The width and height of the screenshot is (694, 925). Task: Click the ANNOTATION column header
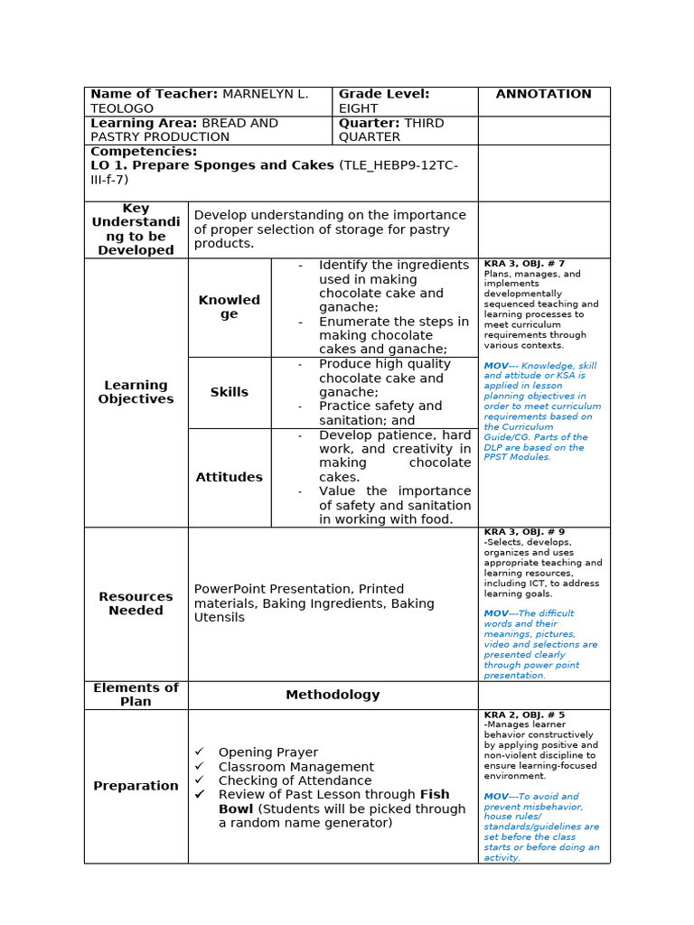pos(543,94)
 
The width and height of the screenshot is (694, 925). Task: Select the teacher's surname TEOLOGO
pos(122,108)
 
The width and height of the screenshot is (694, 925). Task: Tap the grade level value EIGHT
pos(359,108)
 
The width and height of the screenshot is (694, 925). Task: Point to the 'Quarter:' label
pos(369,123)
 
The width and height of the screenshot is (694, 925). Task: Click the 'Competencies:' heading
pos(144,152)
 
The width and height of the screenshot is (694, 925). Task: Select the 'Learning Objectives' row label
pos(136,392)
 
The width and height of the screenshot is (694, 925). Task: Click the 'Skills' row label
pos(229,392)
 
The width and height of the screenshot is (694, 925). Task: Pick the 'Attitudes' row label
pos(229,477)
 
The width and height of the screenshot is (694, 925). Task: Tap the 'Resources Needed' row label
pos(136,603)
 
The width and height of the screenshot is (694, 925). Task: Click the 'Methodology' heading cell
pos(333,695)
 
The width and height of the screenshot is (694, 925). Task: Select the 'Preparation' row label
pos(136,786)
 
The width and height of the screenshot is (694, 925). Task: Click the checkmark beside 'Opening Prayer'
pos(200,752)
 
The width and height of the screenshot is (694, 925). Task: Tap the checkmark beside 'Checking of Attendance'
pos(200,780)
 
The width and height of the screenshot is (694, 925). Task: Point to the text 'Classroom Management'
pos(295,767)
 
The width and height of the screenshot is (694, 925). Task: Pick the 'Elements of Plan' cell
pos(136,695)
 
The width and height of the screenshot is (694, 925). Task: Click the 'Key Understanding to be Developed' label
pos(136,229)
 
